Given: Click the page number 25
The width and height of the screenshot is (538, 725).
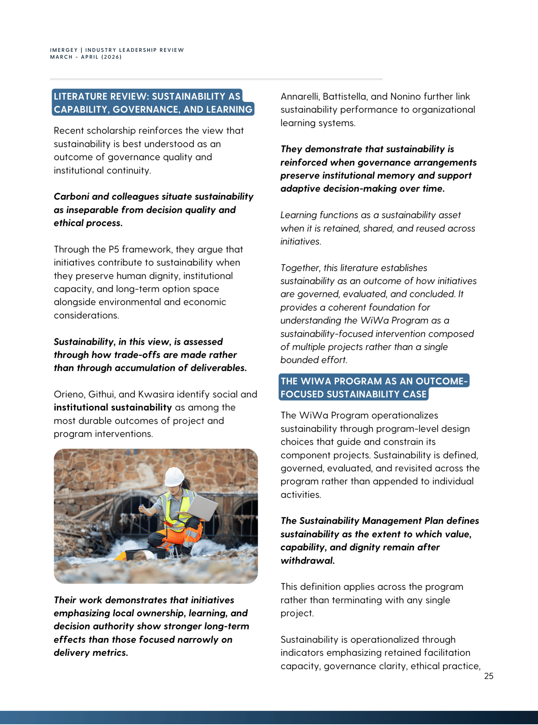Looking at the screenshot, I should point(488,676).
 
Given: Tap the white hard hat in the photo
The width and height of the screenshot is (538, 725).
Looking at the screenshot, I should point(174,476).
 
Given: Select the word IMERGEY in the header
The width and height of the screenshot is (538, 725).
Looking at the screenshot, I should point(64,50).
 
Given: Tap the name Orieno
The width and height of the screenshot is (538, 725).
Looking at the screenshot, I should point(69,394).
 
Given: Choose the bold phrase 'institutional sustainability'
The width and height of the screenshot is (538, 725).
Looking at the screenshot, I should point(113,407).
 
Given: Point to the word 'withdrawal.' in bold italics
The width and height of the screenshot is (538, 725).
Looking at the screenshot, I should point(307,560).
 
